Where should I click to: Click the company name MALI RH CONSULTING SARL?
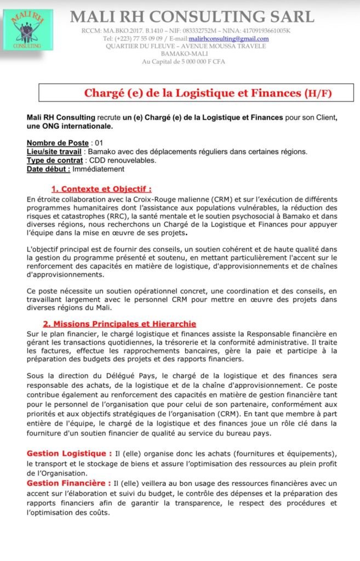[x=192, y=17]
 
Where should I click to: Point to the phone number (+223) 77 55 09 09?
[x=132, y=39]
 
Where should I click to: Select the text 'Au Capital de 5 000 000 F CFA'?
[x=183, y=61]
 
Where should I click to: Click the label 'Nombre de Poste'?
[x=58, y=143]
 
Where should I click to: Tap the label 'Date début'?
[x=48, y=169]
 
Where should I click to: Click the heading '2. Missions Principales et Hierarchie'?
[x=119, y=324]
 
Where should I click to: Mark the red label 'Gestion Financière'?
[x=66, y=483]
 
